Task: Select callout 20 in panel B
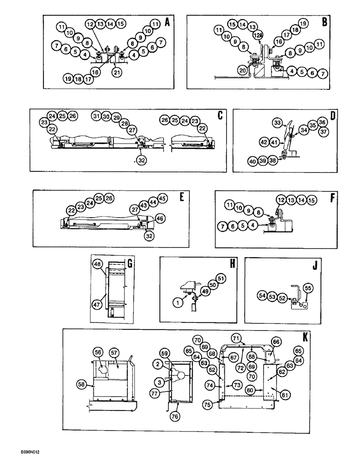[x=242, y=69]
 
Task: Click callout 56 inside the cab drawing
[x=98, y=352]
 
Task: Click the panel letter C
[x=220, y=115]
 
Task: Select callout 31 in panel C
[x=97, y=116]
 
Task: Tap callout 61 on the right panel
[x=285, y=395]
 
